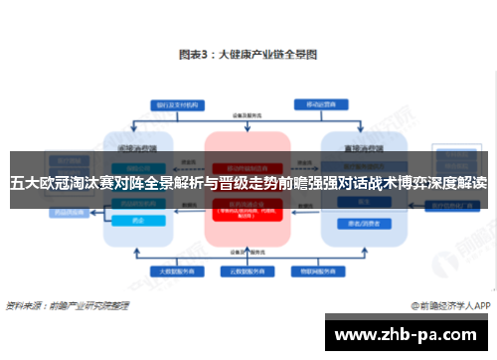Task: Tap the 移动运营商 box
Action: coord(318,103)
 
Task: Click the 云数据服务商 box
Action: coord(248,270)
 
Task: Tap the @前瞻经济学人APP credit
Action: coord(448,305)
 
